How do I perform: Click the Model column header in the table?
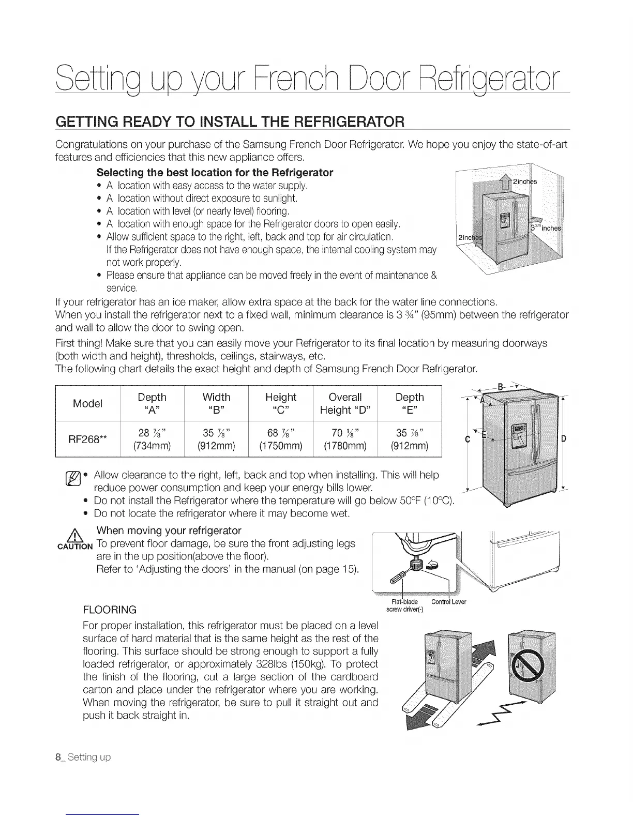click(x=87, y=403)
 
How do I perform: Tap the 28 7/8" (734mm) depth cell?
click(x=152, y=439)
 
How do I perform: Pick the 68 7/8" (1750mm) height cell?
click(x=281, y=439)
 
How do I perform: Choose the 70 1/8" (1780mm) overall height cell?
click(x=345, y=439)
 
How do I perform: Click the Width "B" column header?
click(x=216, y=403)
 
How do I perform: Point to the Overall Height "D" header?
click(x=345, y=403)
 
